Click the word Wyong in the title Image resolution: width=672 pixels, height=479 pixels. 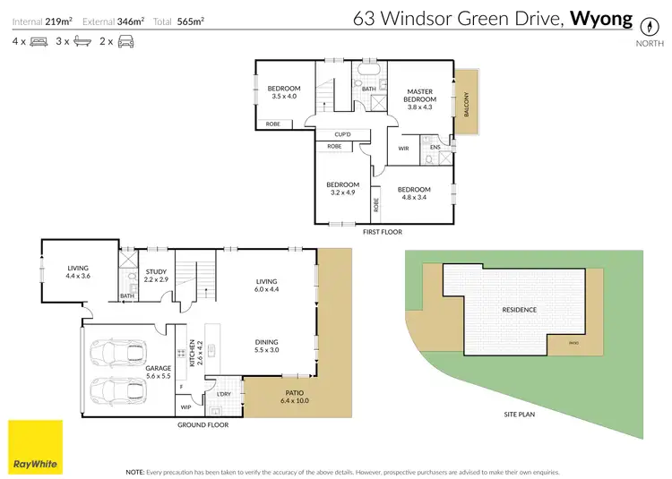(x=601, y=18)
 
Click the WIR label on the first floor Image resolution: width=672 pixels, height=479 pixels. (x=403, y=149)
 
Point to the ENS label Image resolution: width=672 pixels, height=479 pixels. (x=435, y=147)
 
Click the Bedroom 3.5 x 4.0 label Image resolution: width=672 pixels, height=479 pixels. (x=284, y=91)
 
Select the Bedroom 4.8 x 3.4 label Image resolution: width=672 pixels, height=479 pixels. (x=414, y=193)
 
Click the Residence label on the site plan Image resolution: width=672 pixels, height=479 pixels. (x=520, y=310)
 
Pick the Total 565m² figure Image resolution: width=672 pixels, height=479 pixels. (x=185, y=20)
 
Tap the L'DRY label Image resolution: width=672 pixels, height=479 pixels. (x=223, y=394)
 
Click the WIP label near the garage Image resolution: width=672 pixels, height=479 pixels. (x=185, y=407)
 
